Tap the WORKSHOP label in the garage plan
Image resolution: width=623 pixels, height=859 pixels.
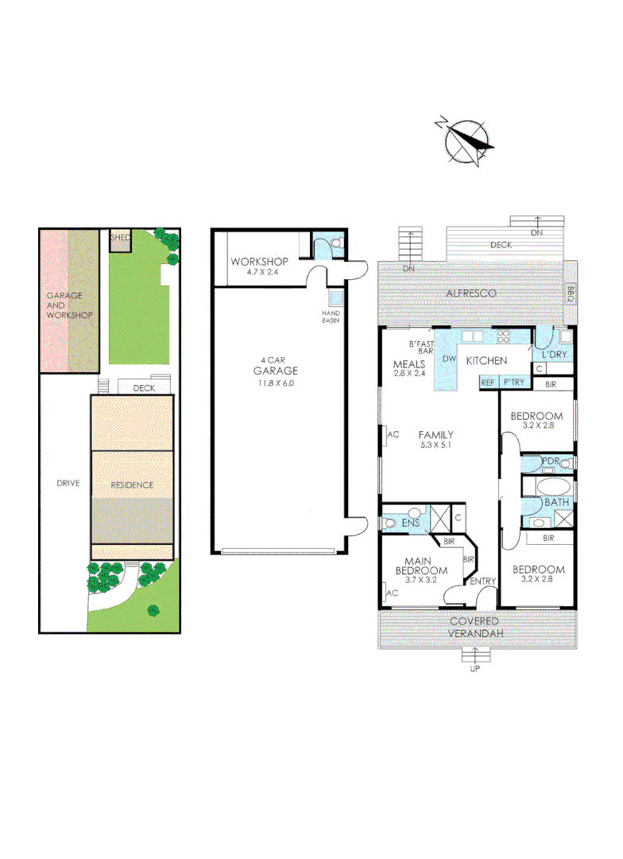[x=258, y=262]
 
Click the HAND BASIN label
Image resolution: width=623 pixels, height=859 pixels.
[x=331, y=317]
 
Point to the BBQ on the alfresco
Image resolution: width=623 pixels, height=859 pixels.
[x=570, y=294]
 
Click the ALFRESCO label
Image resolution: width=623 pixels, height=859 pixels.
[x=470, y=293]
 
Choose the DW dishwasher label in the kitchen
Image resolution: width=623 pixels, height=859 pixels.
[x=449, y=360]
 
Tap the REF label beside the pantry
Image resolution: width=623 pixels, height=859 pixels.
[x=488, y=383]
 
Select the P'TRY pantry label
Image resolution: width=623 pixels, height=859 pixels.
[x=513, y=383]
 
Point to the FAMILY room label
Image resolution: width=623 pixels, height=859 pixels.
[x=436, y=434]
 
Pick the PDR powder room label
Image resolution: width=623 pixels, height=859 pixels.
[x=551, y=461]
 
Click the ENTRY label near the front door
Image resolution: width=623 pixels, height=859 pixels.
[x=482, y=581]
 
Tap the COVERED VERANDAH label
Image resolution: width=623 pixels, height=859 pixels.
[x=474, y=627]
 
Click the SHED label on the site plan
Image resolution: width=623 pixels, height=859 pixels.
[x=120, y=237]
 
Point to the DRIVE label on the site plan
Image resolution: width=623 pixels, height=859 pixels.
[x=68, y=483]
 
